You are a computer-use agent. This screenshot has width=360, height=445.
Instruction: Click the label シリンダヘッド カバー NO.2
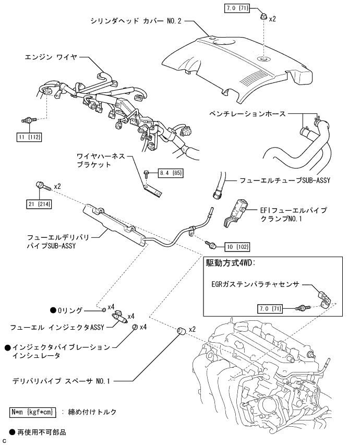[135, 22]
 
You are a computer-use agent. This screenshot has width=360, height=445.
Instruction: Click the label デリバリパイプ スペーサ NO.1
[62, 381]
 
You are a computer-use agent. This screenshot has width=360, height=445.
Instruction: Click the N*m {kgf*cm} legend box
[32, 412]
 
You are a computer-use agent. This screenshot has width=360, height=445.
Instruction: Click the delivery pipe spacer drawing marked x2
[183, 330]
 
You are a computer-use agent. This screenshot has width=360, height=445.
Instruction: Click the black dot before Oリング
[53, 310]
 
